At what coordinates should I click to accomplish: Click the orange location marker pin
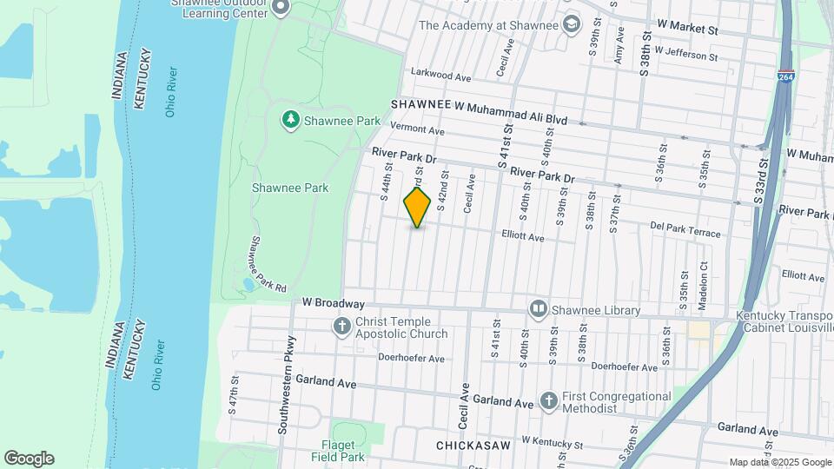[x=418, y=207]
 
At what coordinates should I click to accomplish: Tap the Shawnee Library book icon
[x=539, y=309]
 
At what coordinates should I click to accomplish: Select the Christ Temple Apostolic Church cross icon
[x=342, y=327]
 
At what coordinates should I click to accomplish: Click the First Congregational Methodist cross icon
[x=548, y=400]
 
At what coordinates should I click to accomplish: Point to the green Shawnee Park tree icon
[x=290, y=119]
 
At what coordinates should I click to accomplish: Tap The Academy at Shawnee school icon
[x=571, y=23]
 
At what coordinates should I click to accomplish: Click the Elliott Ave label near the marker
[x=523, y=236]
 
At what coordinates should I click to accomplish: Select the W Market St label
[x=688, y=29]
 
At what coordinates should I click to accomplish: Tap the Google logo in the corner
[x=29, y=458]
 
